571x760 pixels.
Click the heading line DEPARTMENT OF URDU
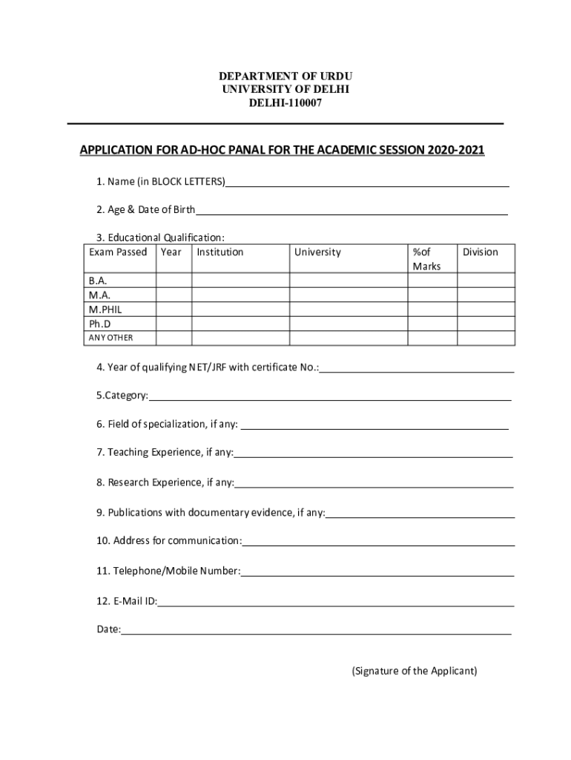tap(285, 76)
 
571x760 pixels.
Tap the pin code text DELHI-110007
tap(285, 103)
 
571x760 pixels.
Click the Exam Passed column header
tap(118, 252)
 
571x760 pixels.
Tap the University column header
tap(317, 252)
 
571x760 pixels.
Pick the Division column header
tap(481, 252)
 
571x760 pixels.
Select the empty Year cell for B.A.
tap(174, 281)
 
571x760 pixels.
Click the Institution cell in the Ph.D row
tap(240, 324)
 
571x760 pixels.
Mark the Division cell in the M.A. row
tap(485, 295)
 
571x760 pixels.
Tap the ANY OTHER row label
tap(110, 338)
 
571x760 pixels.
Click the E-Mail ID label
tap(126, 601)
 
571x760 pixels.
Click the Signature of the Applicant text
tap(415, 671)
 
